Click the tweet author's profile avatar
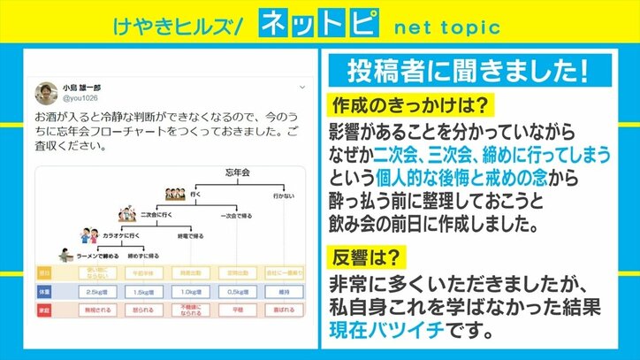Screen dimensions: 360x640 click(46, 94)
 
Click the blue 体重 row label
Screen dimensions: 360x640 click(44, 290)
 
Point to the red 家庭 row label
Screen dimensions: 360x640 click(44, 310)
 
